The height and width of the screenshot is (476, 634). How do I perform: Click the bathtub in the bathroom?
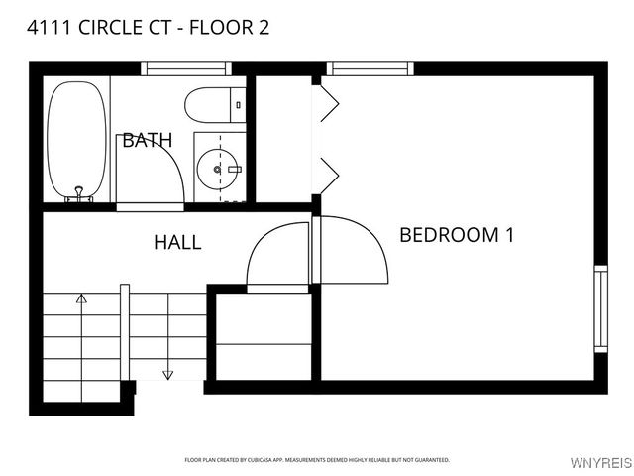click(76, 141)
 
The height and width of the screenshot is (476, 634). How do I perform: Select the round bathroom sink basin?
click(217, 170)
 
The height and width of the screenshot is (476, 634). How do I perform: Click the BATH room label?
click(147, 141)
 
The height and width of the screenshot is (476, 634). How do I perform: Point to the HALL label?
click(177, 242)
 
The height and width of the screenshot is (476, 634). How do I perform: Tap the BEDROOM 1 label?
click(457, 235)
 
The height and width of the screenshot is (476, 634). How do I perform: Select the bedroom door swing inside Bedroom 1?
click(357, 248)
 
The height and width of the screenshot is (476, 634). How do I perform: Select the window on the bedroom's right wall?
click(600, 306)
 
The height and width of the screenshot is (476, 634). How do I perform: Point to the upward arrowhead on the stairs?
click(81, 297)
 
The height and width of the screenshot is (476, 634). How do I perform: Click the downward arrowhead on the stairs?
click(167, 374)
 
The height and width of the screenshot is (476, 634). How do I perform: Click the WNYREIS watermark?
click(601, 463)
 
